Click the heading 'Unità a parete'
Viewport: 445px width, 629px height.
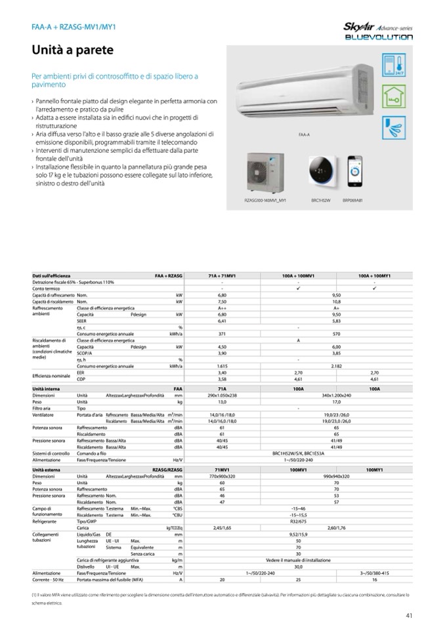click(x=73, y=50)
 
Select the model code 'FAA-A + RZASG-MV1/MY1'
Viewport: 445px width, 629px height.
click(x=69, y=27)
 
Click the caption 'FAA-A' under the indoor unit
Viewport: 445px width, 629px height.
click(x=304, y=134)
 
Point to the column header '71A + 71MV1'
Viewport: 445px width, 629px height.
click(x=222, y=276)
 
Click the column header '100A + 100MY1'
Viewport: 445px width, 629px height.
click(x=374, y=276)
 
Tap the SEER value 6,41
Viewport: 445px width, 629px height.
click(x=222, y=321)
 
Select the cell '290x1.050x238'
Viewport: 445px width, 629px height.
click(x=222, y=396)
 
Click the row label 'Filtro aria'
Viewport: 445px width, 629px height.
click(x=43, y=408)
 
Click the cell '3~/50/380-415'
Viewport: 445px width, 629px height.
click(x=374, y=573)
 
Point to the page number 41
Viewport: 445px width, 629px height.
click(x=409, y=615)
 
